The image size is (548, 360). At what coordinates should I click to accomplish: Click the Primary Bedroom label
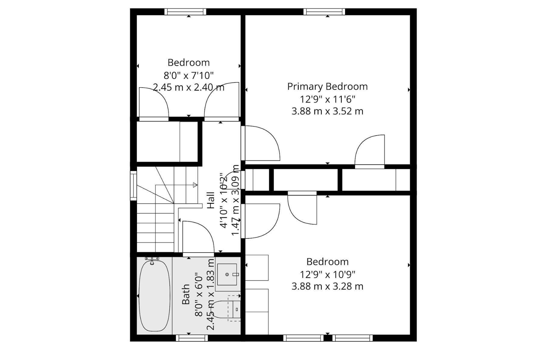click(x=327, y=87)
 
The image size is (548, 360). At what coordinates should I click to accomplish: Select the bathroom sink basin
click(x=227, y=274)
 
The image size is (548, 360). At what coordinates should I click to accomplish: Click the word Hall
click(x=211, y=200)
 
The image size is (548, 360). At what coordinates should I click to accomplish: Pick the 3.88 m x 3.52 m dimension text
click(x=327, y=111)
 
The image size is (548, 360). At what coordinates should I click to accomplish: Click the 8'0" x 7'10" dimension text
click(x=188, y=75)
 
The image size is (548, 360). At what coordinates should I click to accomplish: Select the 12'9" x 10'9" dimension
click(x=327, y=274)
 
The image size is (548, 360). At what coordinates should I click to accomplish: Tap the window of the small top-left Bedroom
click(x=185, y=12)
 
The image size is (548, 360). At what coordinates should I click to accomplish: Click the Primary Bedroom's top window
click(x=324, y=12)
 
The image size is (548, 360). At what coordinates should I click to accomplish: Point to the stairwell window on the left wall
click(x=133, y=185)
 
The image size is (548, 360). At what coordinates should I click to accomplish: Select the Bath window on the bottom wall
click(x=192, y=338)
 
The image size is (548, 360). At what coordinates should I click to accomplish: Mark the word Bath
click(x=186, y=294)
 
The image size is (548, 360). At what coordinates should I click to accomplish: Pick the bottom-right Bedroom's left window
click(x=303, y=338)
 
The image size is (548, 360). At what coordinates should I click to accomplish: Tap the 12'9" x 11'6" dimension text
click(x=327, y=99)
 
